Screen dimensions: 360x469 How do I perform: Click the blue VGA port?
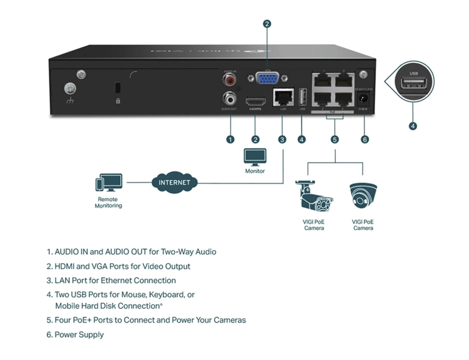click(x=267, y=78)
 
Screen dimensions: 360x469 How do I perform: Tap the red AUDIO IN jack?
click(x=230, y=80)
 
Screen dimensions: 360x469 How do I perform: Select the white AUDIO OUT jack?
click(x=230, y=99)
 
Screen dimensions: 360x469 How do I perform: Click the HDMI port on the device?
click(x=255, y=102)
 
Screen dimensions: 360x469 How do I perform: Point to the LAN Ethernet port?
click(x=283, y=97)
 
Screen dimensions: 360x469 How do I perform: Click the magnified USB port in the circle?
click(x=414, y=84)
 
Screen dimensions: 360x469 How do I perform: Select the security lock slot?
click(x=118, y=87)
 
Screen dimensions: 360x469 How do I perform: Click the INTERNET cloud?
click(x=174, y=182)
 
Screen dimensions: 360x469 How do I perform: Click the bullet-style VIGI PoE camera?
click(x=314, y=197)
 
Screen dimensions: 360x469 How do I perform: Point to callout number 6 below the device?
click(x=365, y=139)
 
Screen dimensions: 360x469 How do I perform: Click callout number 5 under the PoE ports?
click(x=334, y=139)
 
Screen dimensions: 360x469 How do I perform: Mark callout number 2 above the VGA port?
click(x=267, y=24)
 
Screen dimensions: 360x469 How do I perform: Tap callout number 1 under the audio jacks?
click(x=230, y=139)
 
